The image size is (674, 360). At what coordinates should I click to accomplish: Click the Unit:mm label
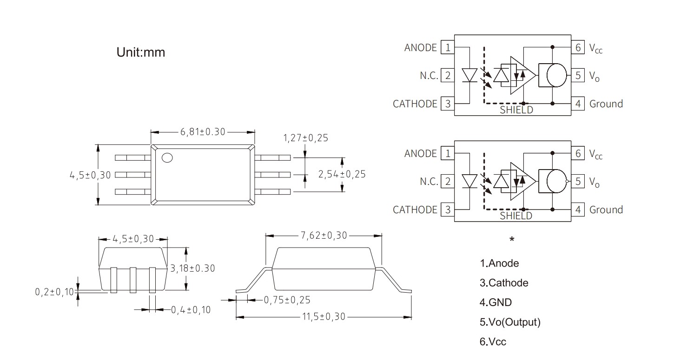tap(140, 52)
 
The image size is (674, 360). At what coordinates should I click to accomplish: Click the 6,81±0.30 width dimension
tap(203, 131)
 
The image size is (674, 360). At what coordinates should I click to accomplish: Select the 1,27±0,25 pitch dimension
tap(305, 138)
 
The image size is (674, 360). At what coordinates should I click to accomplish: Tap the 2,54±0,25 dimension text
tap(342, 174)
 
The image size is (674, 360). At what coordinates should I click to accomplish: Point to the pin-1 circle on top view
tap(167, 158)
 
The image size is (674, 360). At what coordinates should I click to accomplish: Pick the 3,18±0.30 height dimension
tap(193, 268)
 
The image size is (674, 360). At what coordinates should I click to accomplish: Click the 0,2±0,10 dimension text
tap(54, 292)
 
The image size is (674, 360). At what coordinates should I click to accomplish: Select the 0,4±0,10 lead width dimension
tap(191, 309)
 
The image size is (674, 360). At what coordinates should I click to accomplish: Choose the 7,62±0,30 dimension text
tap(324, 236)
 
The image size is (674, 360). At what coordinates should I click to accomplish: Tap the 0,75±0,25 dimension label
tap(287, 300)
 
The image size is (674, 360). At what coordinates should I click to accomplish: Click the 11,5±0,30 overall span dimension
tap(324, 317)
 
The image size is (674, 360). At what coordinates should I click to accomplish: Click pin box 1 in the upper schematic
tap(447, 47)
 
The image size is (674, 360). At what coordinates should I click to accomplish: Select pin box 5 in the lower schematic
tap(578, 181)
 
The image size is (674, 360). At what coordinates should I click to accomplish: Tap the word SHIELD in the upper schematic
tap(516, 110)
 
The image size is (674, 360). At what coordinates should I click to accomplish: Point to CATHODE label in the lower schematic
tap(415, 209)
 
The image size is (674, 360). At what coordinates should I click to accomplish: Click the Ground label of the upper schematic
tap(606, 104)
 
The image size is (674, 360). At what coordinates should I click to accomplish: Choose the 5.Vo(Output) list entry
tap(510, 322)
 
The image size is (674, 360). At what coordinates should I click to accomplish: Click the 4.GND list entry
tap(496, 302)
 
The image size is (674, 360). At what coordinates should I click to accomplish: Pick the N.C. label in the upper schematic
tap(429, 75)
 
